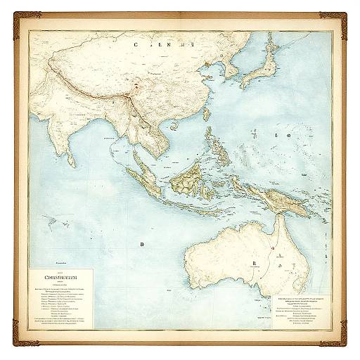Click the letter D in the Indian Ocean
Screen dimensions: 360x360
(141, 245)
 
